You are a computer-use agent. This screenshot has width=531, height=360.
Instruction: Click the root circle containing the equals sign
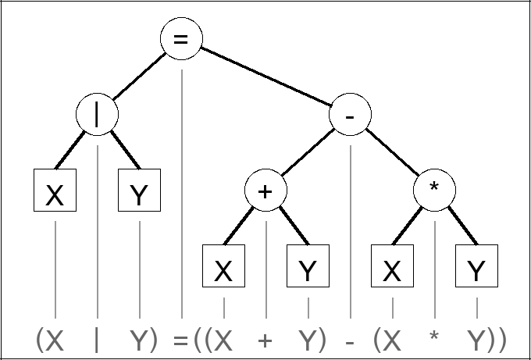point(181,39)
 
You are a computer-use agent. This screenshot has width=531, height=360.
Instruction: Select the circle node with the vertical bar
point(97,116)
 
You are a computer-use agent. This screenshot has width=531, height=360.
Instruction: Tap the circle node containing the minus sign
point(351,116)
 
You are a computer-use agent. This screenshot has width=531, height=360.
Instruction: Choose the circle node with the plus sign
point(265,191)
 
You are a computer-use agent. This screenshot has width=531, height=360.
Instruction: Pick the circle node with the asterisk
point(435,191)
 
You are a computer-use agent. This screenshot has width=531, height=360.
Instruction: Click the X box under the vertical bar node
point(55,191)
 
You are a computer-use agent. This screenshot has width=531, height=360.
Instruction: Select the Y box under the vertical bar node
point(139,191)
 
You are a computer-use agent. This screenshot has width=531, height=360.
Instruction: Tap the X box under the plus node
point(224,267)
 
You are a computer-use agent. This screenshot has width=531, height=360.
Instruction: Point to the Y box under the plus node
point(308,267)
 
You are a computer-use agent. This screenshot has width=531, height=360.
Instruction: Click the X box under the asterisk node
point(393,267)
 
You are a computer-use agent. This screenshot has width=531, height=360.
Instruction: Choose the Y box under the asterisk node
point(476,267)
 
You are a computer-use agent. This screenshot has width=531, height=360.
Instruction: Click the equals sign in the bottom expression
point(180,340)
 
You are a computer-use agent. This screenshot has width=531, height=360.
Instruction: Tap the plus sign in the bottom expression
point(265,340)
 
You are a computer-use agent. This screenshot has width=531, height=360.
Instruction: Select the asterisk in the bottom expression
point(435,337)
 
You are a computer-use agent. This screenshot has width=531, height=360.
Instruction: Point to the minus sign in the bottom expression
point(351,342)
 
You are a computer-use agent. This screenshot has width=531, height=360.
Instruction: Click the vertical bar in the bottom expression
point(97,340)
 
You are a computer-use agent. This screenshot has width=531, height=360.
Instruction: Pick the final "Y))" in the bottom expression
point(486,340)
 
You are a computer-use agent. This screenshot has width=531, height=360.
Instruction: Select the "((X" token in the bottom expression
point(213,340)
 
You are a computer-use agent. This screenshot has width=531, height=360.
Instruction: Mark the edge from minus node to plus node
point(308,153)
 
